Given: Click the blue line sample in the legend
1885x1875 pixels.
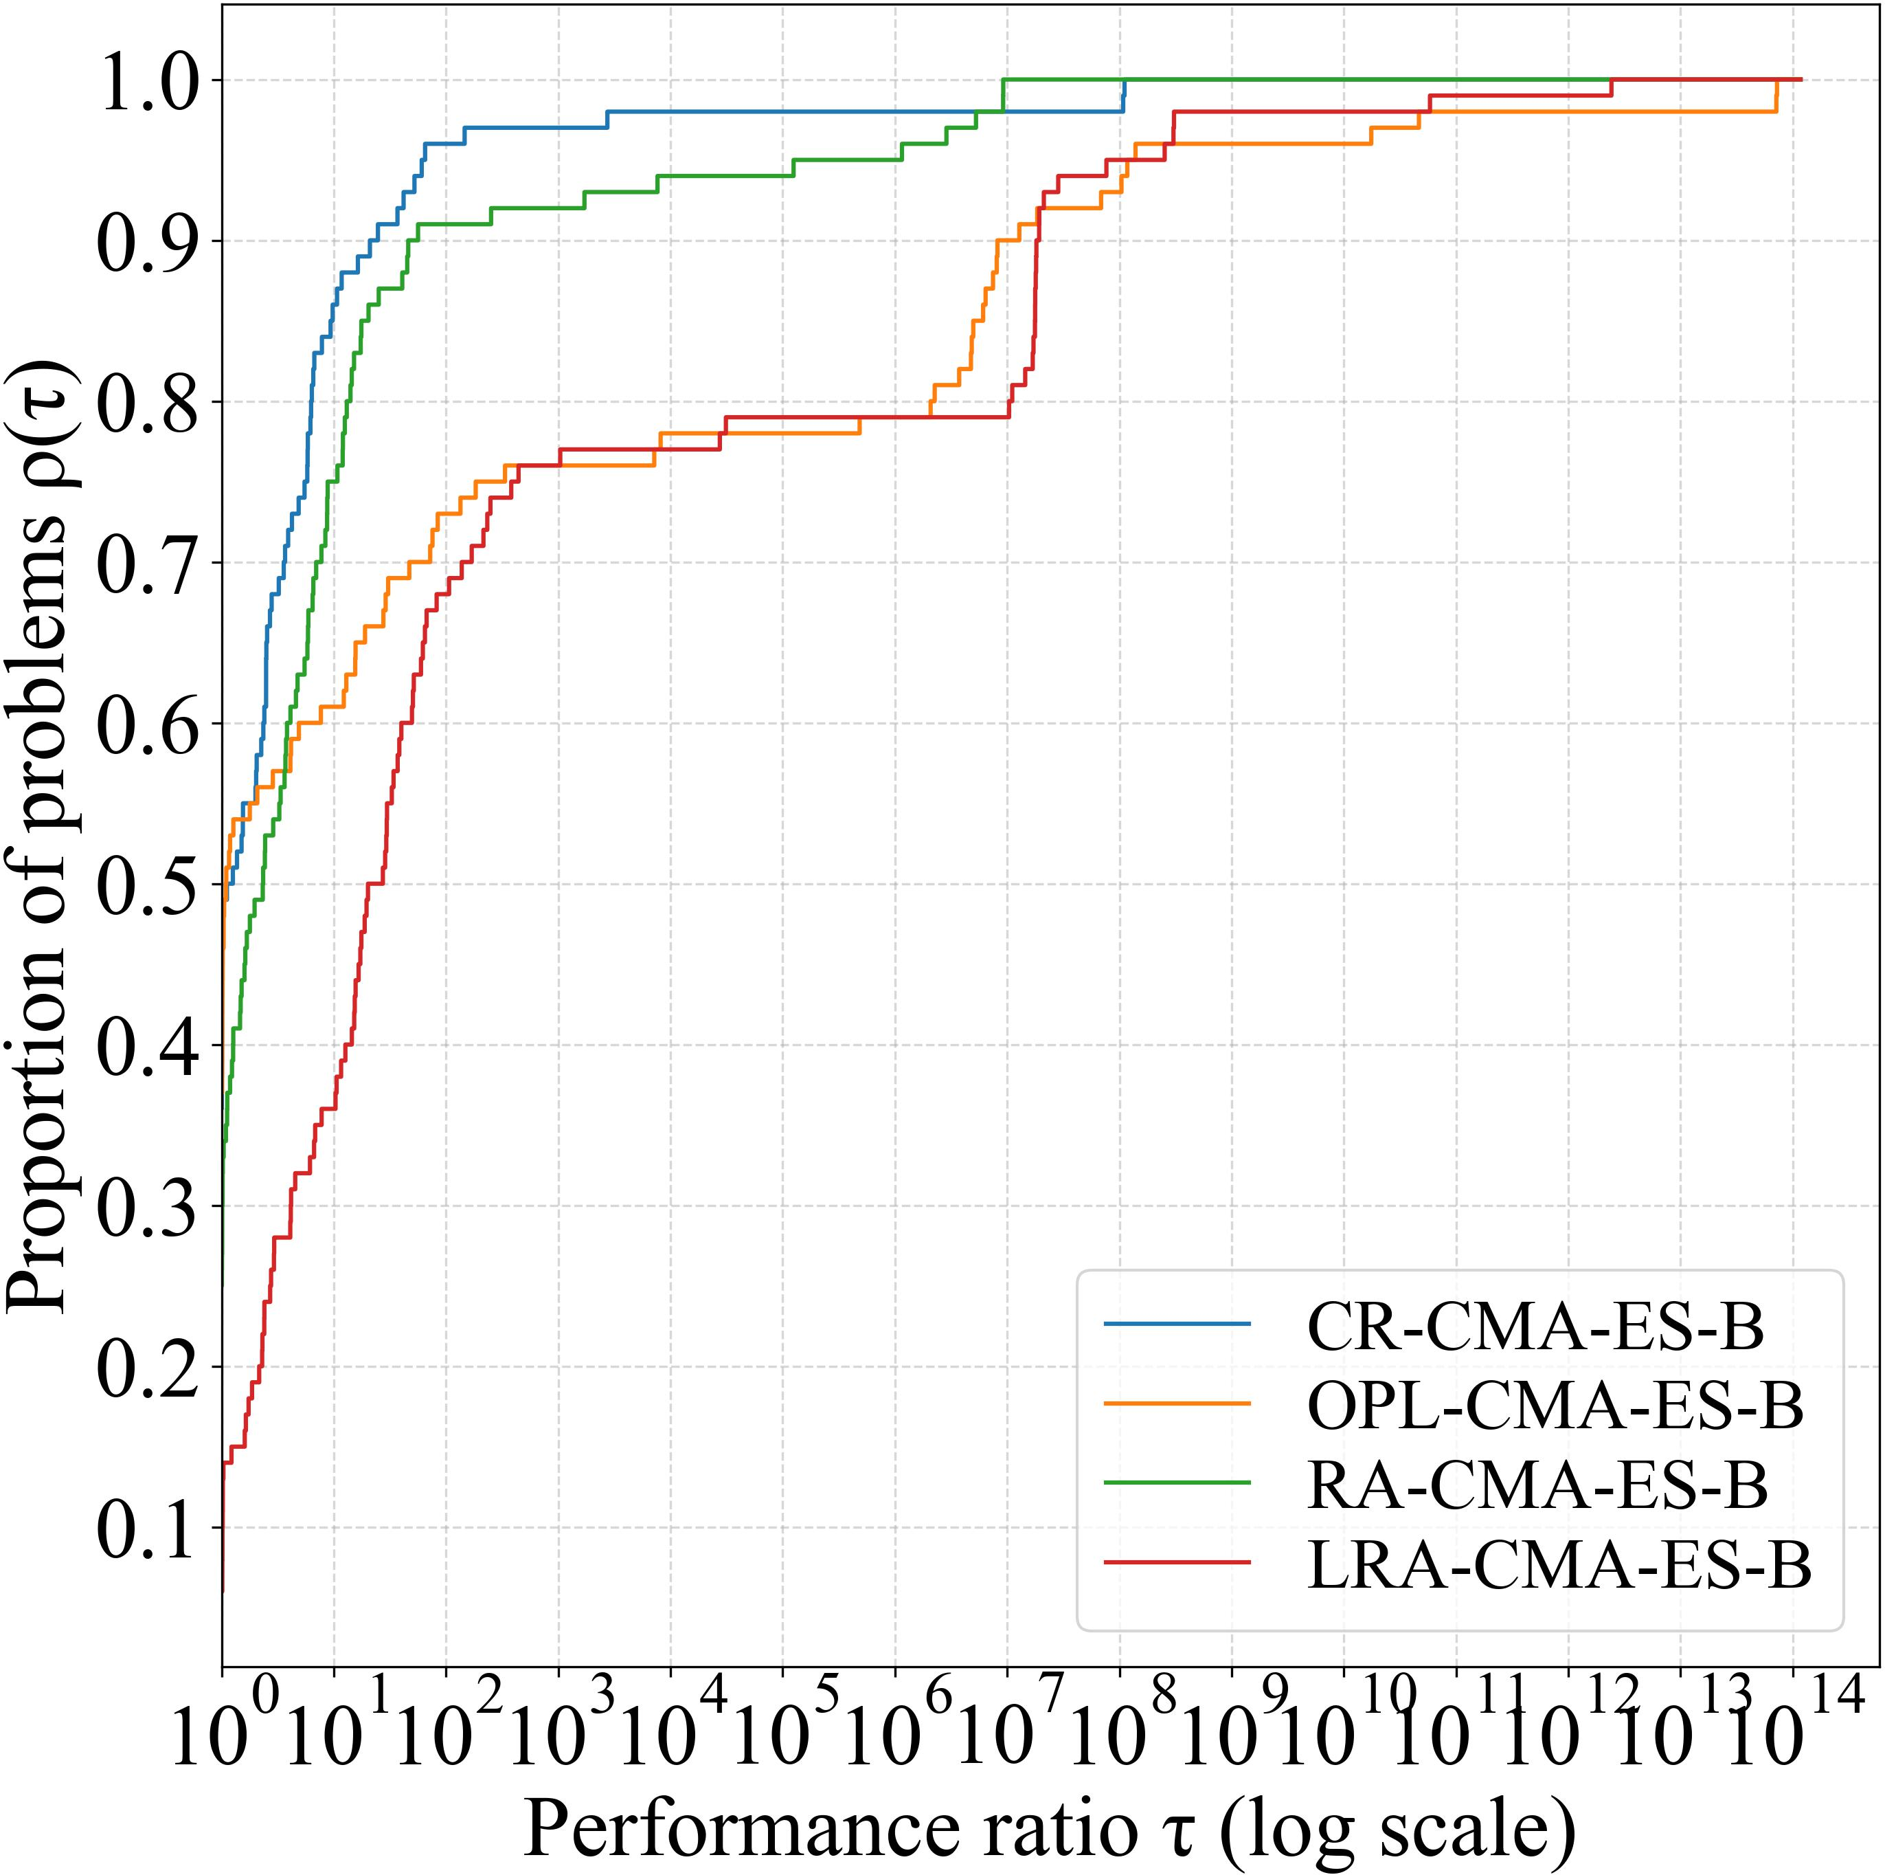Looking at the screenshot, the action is click(x=1177, y=1324).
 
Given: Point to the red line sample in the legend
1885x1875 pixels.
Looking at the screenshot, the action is click(x=1177, y=1564).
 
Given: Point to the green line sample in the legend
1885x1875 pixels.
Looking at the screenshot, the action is click(x=1177, y=1484).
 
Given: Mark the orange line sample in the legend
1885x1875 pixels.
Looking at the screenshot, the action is click(x=1177, y=1405).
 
